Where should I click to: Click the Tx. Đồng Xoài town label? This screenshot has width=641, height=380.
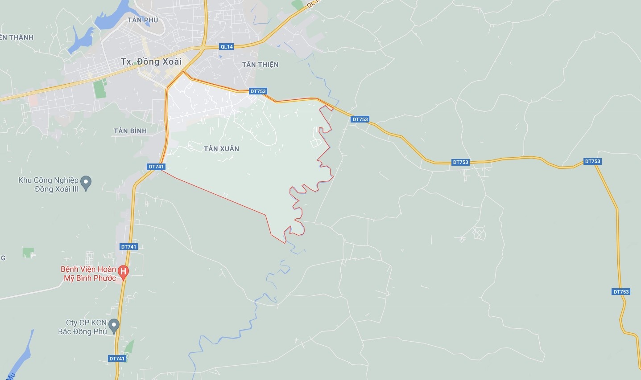151,62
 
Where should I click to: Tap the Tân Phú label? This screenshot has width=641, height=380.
143,20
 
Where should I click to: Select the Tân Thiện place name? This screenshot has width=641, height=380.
260,65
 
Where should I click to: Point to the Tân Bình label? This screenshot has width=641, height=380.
130,131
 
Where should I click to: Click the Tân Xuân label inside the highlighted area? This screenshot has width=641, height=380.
221,149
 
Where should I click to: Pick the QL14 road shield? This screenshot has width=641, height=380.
227,47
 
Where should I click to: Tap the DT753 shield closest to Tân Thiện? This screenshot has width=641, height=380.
258,91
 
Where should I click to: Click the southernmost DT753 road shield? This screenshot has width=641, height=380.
621,292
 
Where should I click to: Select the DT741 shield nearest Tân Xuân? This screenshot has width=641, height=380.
157,167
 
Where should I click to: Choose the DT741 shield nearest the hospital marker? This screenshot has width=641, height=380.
128,247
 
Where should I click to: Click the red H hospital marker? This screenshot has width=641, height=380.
124,270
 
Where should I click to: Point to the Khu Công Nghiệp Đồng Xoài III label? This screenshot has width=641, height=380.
48,184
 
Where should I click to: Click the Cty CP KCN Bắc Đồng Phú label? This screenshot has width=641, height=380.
83,327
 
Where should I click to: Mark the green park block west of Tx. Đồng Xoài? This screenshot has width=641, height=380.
99,89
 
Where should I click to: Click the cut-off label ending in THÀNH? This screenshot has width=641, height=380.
17,37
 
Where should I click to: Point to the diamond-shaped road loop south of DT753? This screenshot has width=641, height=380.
480,233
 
